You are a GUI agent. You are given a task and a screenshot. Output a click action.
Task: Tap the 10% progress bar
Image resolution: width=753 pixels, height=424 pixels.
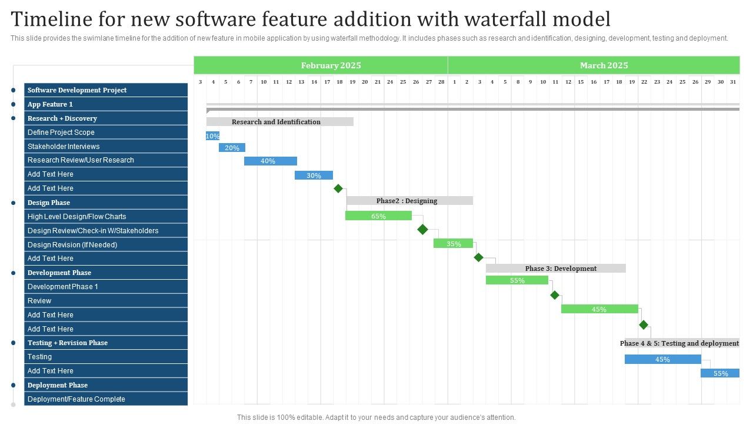coord(212,136)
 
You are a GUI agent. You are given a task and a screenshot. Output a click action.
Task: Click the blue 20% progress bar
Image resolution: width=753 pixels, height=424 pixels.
coord(232,148)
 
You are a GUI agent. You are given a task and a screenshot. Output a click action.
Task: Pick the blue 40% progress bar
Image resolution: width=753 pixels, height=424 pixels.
coord(270,161)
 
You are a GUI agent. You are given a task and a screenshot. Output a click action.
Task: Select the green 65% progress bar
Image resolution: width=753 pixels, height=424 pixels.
coord(378,216)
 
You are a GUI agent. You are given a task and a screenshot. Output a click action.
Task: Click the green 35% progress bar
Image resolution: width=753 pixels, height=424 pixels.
coord(453,243)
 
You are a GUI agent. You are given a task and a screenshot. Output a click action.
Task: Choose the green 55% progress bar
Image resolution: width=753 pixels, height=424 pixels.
coord(517,280)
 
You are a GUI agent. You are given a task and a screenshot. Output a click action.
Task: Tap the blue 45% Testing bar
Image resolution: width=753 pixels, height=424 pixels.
coord(662,359)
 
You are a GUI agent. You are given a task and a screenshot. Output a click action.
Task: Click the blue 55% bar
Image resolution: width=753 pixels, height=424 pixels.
coord(720,373)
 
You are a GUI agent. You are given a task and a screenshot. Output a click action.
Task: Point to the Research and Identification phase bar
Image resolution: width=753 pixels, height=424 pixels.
coord(279,122)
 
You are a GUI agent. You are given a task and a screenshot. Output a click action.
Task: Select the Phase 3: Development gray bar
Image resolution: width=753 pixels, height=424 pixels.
coord(555,269)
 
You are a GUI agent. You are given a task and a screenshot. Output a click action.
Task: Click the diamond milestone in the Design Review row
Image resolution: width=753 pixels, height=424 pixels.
coord(422,230)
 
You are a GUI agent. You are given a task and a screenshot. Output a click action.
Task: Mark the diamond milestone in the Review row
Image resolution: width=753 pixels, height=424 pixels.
coord(555,295)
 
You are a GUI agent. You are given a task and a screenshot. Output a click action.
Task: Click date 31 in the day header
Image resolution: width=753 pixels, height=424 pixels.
coord(732,82)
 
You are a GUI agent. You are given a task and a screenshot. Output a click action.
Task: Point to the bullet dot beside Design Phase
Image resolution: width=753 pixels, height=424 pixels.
coord(13,203)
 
